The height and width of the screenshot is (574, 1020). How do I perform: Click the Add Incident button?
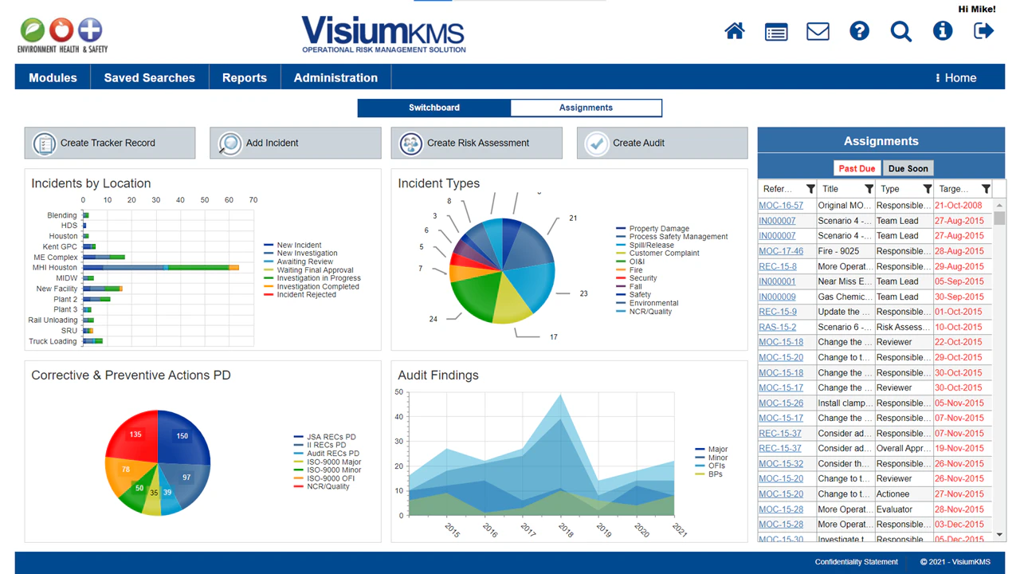click(x=295, y=143)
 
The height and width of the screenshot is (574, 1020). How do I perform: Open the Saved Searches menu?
click(x=149, y=78)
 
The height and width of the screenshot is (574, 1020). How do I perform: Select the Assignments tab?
click(x=586, y=108)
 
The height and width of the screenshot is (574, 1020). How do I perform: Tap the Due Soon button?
click(x=908, y=168)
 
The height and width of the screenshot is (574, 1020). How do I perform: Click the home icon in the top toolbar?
click(x=735, y=31)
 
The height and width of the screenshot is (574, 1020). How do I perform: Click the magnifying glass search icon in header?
click(x=900, y=31)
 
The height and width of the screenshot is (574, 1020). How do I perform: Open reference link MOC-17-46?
click(x=781, y=251)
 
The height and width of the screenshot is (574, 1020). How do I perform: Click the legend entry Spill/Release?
click(x=651, y=246)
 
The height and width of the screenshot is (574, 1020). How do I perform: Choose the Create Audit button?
click(x=661, y=143)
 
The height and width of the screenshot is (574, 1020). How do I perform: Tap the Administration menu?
click(x=335, y=78)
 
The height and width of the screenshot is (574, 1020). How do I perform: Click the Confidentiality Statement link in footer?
click(x=856, y=562)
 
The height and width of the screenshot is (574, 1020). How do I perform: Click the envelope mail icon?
click(x=818, y=31)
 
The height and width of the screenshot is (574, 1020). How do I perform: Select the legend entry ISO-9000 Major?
click(x=333, y=462)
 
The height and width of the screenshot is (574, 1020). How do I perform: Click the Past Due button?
click(x=857, y=168)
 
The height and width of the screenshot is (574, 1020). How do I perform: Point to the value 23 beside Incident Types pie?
click(x=583, y=293)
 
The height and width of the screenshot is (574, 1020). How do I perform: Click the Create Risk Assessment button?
click(x=477, y=143)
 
